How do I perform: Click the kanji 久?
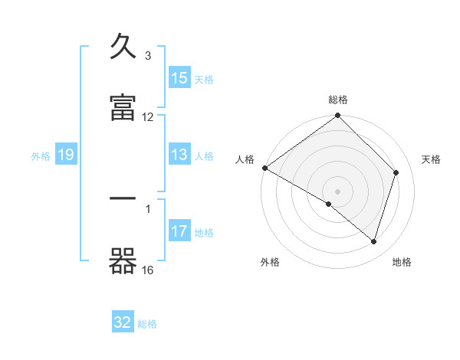pos(123,47)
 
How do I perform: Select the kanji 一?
pos(123,198)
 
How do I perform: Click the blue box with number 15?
pos(179,78)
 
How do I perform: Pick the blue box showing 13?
pos(179,155)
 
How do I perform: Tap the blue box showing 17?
pos(179,231)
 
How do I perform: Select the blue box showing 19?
pos(66,155)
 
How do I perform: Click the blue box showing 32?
pos(123,322)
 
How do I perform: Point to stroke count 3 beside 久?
pos(148,56)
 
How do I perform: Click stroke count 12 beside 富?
pos(148,117)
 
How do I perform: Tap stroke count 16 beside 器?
pos(148,270)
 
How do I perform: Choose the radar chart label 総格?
pos(338,100)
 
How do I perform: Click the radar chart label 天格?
pos(432,159)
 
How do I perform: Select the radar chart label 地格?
pos(402,263)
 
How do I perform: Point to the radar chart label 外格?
pos(270,263)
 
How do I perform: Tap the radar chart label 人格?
pos(245,159)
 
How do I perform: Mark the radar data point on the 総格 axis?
pos(338,116)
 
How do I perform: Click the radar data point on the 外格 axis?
pos(329,204)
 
